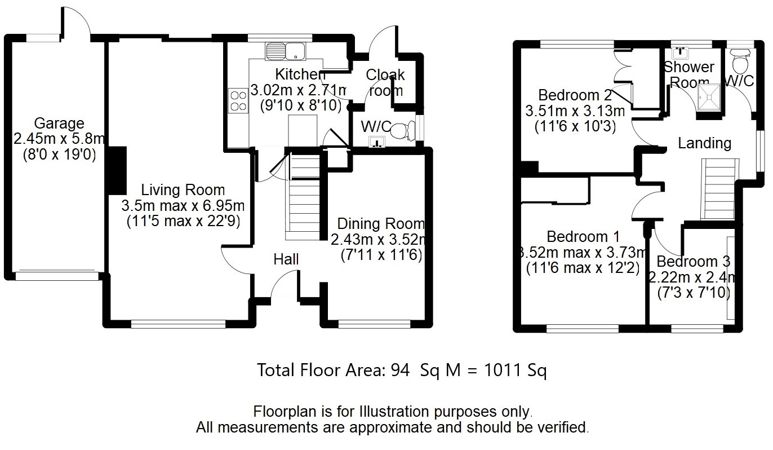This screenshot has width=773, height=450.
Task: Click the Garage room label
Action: pyautogui.click(x=59, y=123)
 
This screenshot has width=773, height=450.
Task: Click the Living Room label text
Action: pyautogui.click(x=183, y=190)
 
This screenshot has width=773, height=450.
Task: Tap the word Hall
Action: pyautogui.click(x=286, y=259)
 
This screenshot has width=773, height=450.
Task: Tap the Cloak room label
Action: pyautogui.click(x=385, y=82)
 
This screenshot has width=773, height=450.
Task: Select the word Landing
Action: pyautogui.click(x=704, y=143)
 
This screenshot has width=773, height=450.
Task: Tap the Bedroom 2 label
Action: pyautogui.click(x=575, y=94)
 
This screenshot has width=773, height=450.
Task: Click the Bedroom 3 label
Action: pyautogui.click(x=693, y=262)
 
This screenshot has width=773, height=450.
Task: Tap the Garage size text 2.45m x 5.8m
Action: pyautogui.click(x=59, y=138)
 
